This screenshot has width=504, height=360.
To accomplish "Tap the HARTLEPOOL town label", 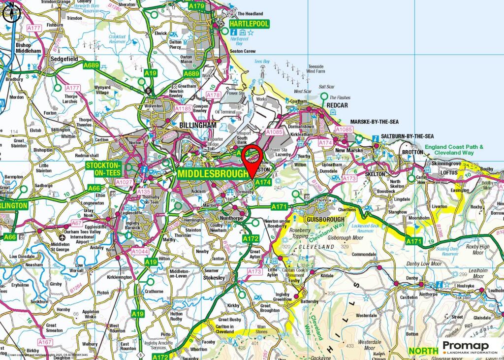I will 249,23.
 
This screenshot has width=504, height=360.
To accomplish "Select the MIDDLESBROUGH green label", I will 213,174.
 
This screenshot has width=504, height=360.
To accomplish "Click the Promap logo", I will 470,347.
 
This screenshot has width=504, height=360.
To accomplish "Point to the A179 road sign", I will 196,6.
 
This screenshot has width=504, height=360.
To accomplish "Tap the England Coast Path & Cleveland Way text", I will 455,150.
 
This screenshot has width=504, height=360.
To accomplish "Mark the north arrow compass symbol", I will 11,13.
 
